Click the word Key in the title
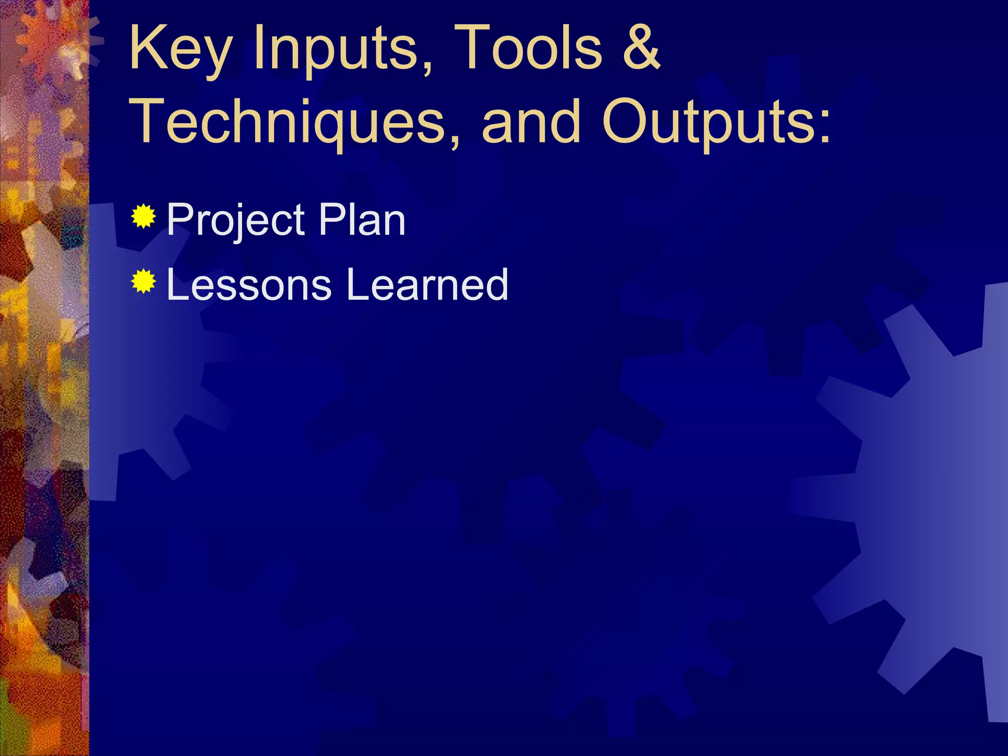click(180, 49)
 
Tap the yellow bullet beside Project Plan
click(144, 217)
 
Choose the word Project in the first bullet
click(237, 220)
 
